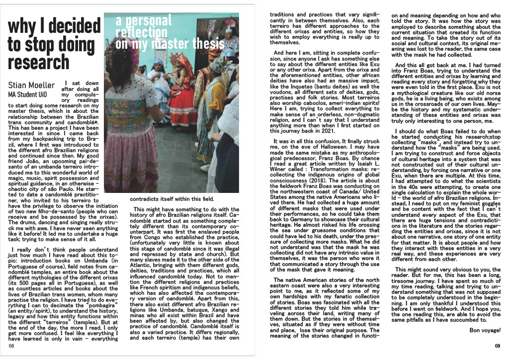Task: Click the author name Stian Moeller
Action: [31, 86]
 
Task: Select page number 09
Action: [497, 346]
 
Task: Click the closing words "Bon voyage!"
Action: [485, 330]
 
